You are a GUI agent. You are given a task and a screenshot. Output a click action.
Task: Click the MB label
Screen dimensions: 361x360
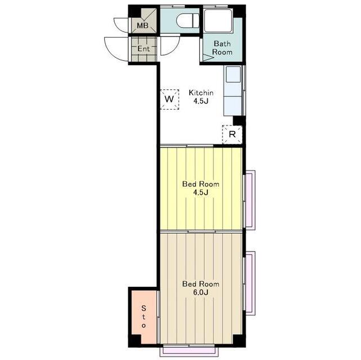[142, 25]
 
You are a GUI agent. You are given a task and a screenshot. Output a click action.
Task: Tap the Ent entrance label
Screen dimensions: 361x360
[144, 49]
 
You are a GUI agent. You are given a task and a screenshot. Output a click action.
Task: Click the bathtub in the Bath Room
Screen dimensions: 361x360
[219, 21]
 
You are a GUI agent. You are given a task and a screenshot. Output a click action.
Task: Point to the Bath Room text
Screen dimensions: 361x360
[222, 48]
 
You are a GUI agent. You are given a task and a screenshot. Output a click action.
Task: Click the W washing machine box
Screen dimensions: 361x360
[170, 100]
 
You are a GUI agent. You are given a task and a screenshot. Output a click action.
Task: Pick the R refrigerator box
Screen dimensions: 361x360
[232, 134]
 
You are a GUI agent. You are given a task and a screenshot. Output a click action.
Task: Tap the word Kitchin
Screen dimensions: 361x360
[201, 93]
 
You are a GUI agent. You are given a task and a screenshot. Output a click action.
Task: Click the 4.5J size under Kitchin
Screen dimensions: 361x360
[201, 101]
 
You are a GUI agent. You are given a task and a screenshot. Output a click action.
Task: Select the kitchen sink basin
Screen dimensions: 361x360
[233, 74]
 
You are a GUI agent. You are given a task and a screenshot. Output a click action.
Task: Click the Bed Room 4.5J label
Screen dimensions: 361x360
[200, 188]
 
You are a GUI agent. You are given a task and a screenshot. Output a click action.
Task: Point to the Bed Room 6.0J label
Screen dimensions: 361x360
[200, 288]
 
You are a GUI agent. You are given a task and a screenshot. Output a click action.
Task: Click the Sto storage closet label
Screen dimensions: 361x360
[144, 317]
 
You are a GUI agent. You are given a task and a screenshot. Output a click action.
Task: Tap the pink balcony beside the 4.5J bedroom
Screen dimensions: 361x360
[250, 200]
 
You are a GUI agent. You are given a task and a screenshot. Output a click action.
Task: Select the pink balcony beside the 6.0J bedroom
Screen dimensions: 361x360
[250, 283]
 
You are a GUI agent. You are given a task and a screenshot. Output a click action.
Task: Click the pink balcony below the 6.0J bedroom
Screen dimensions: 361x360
[189, 350]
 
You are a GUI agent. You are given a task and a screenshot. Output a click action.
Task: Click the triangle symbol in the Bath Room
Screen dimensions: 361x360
[208, 57]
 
